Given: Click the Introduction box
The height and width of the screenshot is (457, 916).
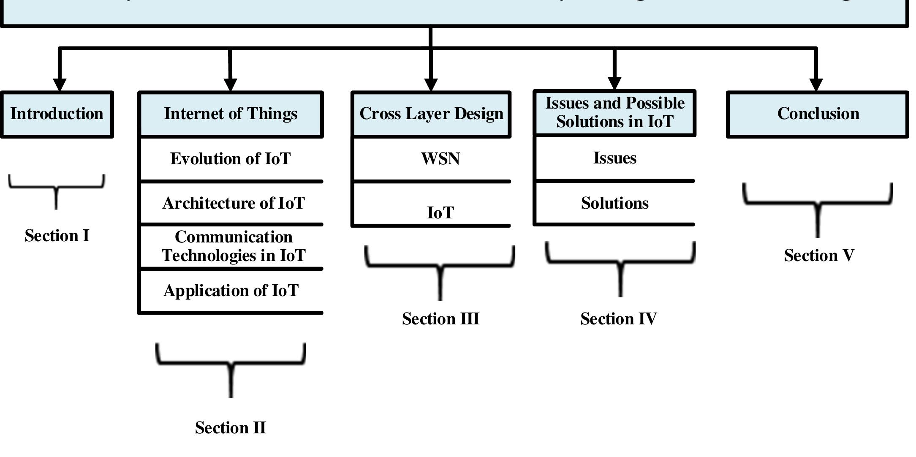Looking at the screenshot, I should click(x=57, y=114).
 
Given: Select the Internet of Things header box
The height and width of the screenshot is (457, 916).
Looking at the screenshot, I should click(x=231, y=114).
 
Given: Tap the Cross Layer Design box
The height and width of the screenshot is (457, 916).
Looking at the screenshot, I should click(x=431, y=114).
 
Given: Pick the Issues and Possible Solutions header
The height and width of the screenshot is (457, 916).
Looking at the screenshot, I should click(x=614, y=113).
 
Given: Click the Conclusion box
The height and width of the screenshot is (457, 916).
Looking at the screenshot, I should click(x=818, y=114).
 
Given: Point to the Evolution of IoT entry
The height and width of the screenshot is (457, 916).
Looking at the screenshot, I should click(x=231, y=159).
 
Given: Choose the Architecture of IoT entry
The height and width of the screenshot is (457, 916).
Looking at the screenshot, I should click(x=233, y=204).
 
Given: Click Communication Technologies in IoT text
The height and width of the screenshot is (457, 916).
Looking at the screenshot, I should click(x=233, y=247).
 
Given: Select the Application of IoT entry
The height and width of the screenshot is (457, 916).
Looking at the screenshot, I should click(x=231, y=291).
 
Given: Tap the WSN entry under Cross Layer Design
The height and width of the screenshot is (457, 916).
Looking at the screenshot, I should click(x=440, y=159).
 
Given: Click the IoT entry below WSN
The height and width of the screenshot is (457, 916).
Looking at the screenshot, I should click(x=440, y=213).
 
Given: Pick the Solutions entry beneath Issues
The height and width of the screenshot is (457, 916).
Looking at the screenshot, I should click(x=614, y=204).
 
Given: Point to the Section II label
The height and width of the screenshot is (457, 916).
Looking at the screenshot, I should click(x=231, y=428).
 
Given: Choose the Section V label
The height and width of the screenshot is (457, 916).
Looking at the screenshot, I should click(x=819, y=256).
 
